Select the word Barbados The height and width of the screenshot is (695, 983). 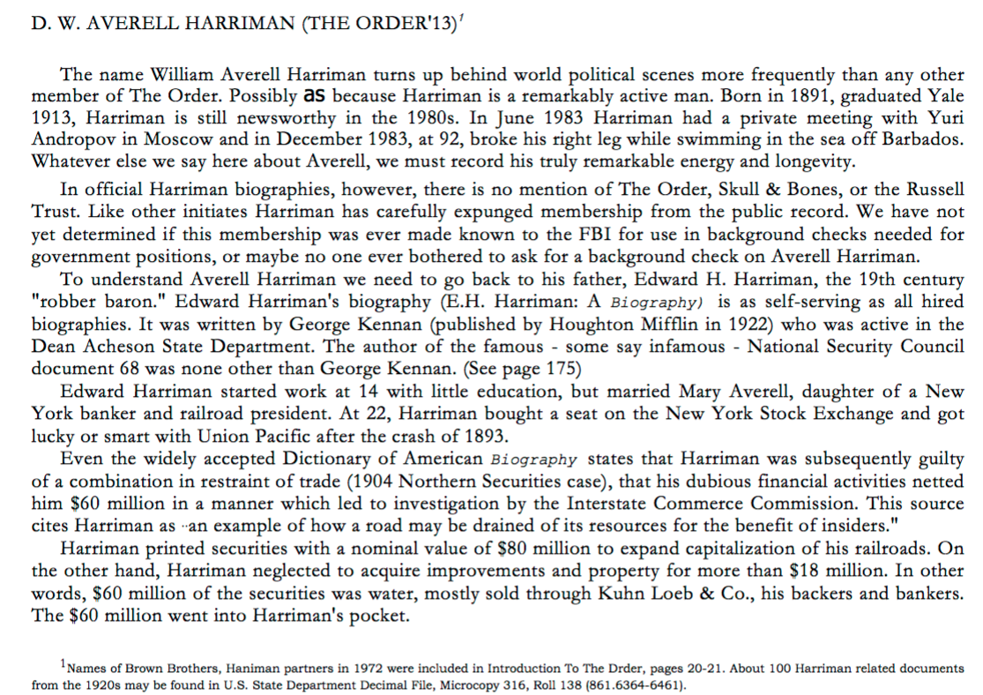[923, 139]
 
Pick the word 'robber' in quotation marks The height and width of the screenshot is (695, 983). [62, 302]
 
